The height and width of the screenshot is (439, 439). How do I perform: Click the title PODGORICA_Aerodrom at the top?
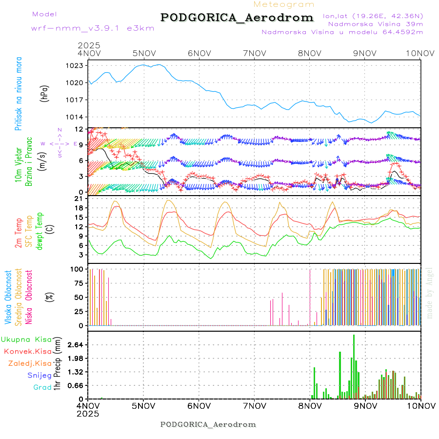coord(237,18)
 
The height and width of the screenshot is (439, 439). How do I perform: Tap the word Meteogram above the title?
coord(284,4)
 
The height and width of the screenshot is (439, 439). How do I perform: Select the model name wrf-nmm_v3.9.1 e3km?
coord(93,28)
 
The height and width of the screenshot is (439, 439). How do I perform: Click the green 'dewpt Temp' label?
coord(40,230)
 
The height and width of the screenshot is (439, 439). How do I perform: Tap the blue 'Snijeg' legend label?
coord(39,375)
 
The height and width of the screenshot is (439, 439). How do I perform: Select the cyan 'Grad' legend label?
coord(42,387)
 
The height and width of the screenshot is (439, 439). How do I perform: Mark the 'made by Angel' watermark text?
coord(430,293)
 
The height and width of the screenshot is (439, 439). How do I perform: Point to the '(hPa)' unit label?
coord(45,93)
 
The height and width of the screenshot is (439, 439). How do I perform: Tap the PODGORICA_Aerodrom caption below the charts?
coord(208,424)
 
